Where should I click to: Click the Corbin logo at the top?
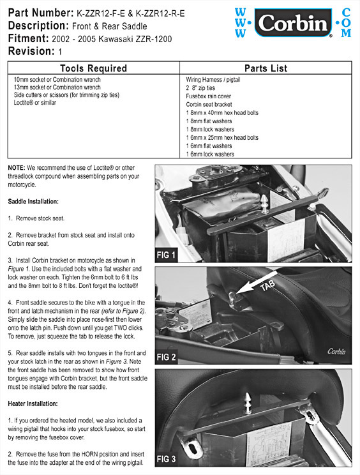[293, 23]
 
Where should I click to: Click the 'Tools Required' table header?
[93, 68]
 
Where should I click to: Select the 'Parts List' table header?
[266, 68]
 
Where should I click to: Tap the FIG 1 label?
[166, 255]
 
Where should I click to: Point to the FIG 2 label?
[166, 357]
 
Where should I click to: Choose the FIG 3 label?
[166, 459]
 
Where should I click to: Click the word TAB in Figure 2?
[267, 285]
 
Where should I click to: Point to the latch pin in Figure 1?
[264, 204]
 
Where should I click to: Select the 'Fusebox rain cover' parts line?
[208, 96]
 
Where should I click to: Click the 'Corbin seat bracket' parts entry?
[209, 105]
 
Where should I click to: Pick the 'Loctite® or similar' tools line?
[35, 103]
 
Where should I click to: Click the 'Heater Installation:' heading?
[33, 403]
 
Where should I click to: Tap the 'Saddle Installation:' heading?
[33, 202]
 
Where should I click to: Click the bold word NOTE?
[17, 168]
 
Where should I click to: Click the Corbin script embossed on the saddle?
[336, 351]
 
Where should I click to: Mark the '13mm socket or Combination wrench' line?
[57, 87]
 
